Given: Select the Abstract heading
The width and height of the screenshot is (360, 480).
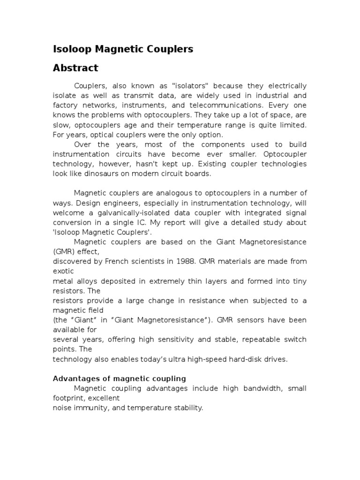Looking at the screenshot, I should click(75, 68).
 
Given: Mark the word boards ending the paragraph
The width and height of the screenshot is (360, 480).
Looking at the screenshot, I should click(200, 173).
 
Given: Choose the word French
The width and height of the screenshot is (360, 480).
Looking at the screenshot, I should click(110, 261).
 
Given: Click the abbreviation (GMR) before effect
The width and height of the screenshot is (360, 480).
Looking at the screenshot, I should click(64, 251).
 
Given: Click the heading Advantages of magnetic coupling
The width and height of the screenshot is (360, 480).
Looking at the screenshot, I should click(119, 378).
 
